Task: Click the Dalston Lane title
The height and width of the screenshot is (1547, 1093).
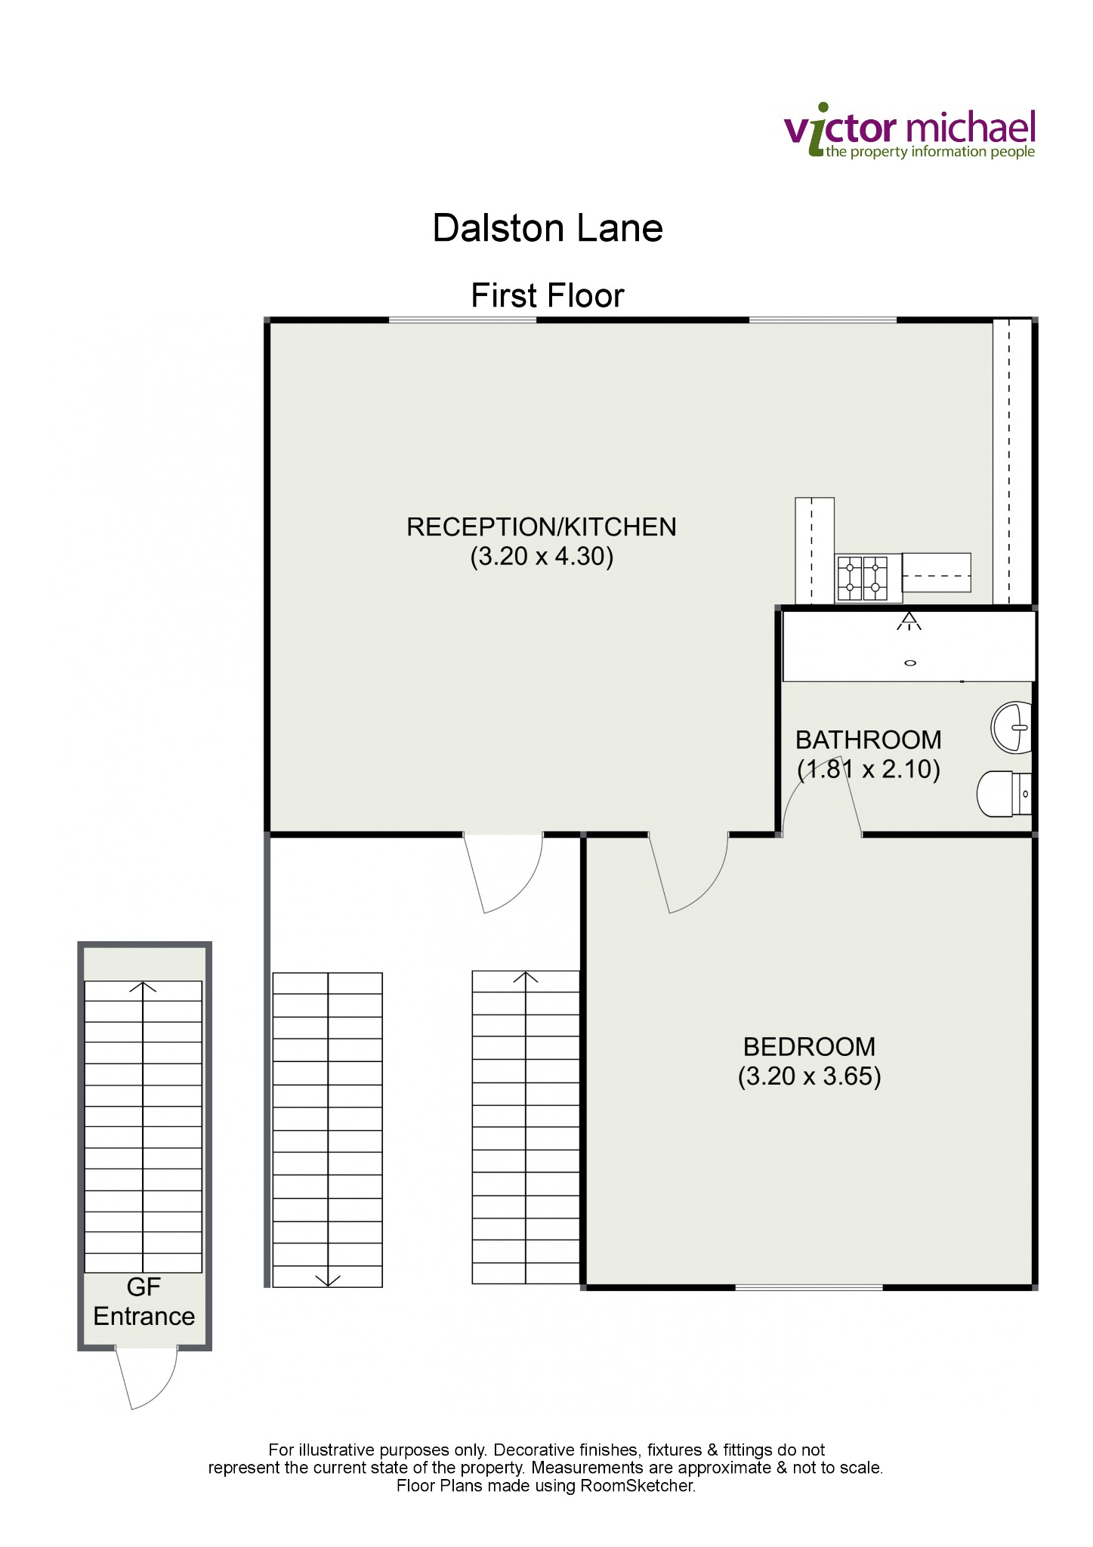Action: point(548,227)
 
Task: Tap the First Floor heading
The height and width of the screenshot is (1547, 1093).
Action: point(548,295)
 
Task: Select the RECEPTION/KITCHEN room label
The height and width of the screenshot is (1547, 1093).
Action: point(542,526)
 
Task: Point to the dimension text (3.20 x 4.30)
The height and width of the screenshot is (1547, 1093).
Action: point(542,557)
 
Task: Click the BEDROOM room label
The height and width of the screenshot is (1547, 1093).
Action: point(809,1046)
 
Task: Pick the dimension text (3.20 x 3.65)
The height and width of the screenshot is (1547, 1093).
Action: point(809,1076)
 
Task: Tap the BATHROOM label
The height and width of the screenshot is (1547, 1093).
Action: point(869,740)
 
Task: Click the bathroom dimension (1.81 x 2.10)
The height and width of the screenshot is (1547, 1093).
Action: point(869,769)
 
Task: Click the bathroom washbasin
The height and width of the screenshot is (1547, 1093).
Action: point(1011,727)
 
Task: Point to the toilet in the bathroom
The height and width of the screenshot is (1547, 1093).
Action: point(1004,793)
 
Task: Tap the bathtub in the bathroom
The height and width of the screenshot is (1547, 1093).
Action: point(909,646)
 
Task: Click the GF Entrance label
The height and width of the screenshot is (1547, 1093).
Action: point(144,1301)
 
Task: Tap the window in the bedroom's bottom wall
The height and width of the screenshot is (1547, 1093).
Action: point(809,1286)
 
